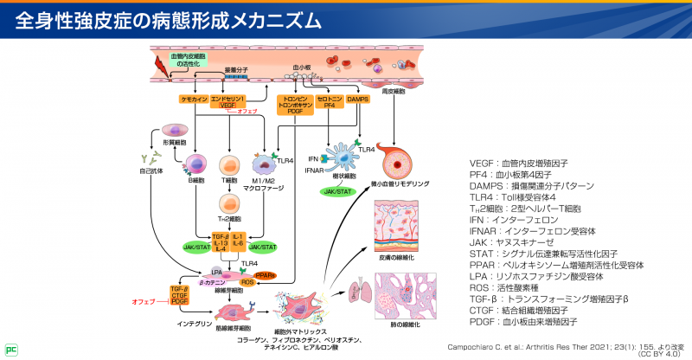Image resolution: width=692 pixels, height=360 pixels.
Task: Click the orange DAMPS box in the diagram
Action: (x=358, y=100)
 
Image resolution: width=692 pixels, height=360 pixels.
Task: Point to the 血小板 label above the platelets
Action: (x=302, y=66)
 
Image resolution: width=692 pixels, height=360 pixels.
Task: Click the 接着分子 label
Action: (x=236, y=67)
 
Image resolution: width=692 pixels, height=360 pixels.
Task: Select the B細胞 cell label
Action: (x=196, y=183)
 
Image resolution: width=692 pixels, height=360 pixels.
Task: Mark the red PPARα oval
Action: (x=291, y=275)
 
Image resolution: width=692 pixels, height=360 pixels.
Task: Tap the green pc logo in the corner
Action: (x=11, y=350)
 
